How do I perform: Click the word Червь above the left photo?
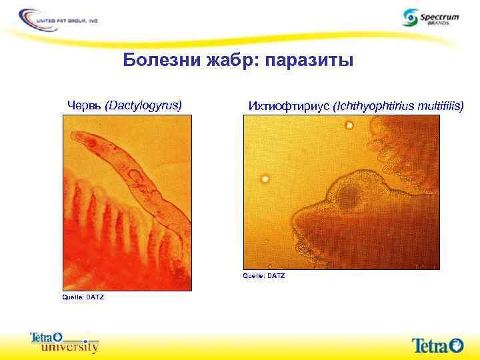85,105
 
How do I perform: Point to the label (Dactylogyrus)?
143,105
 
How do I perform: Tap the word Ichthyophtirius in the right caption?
373,105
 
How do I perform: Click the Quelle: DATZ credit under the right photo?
264,275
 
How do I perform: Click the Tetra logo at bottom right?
437,345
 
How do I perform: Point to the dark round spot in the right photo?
349,196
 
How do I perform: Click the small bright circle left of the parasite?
265,178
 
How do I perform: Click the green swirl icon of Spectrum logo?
411,17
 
